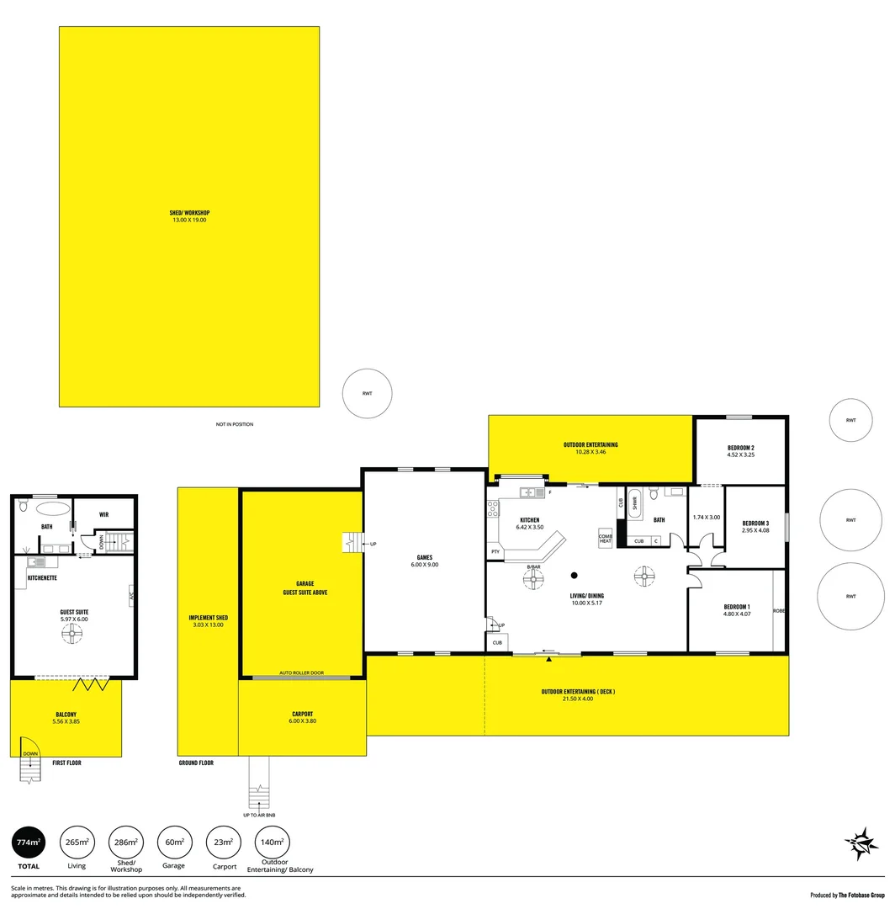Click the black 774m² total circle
28,842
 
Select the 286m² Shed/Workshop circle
125,842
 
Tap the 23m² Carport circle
223,842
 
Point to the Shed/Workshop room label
188,215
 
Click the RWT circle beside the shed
367,393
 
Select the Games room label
425,561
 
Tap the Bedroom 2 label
740,451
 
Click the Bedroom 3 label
755,526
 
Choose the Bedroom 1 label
736,610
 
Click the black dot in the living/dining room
575,576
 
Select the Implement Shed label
208,621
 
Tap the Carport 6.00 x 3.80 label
302,717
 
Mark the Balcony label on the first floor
66,717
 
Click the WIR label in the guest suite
103,513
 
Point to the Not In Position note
234,424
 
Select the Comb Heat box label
605,538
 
